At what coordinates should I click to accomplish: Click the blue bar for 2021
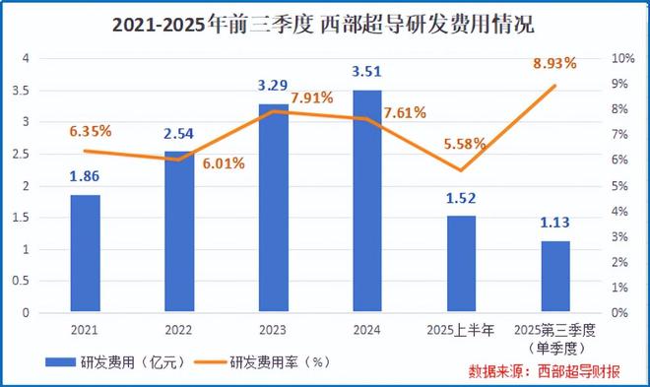pyautogui.click(x=85, y=253)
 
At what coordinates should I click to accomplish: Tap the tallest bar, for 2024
pyautogui.click(x=366, y=201)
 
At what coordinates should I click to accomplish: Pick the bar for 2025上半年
pyautogui.click(x=461, y=264)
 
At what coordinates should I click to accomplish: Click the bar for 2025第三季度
pyautogui.click(x=555, y=277)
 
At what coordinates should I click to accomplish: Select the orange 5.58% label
pyautogui.click(x=465, y=145)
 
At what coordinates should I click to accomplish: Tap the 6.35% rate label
pyautogui.click(x=89, y=128)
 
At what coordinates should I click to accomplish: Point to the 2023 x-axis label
pyautogui.click(x=273, y=329)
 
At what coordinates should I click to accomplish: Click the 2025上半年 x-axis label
pyautogui.click(x=461, y=329)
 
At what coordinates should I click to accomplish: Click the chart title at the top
pyautogui.click(x=325, y=22)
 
